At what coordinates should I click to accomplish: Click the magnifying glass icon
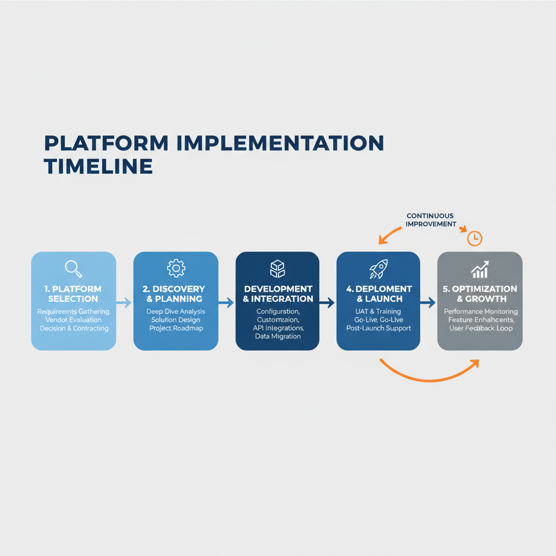73,268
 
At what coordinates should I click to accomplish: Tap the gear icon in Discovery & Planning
176,268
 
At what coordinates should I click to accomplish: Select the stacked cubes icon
277,269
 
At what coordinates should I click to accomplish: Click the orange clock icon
475,238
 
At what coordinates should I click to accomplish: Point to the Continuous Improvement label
430,220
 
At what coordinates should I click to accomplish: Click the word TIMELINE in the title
98,166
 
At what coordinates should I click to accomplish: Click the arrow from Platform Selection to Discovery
124,302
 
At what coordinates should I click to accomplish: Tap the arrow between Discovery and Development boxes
226,302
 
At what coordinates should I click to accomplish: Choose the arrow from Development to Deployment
327,302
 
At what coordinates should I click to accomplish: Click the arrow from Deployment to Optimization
428,302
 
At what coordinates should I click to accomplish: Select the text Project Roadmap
175,328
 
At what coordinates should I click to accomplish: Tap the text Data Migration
277,337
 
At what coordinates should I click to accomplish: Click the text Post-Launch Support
378,328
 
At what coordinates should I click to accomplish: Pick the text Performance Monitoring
481,312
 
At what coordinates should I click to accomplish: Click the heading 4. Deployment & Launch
378,294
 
